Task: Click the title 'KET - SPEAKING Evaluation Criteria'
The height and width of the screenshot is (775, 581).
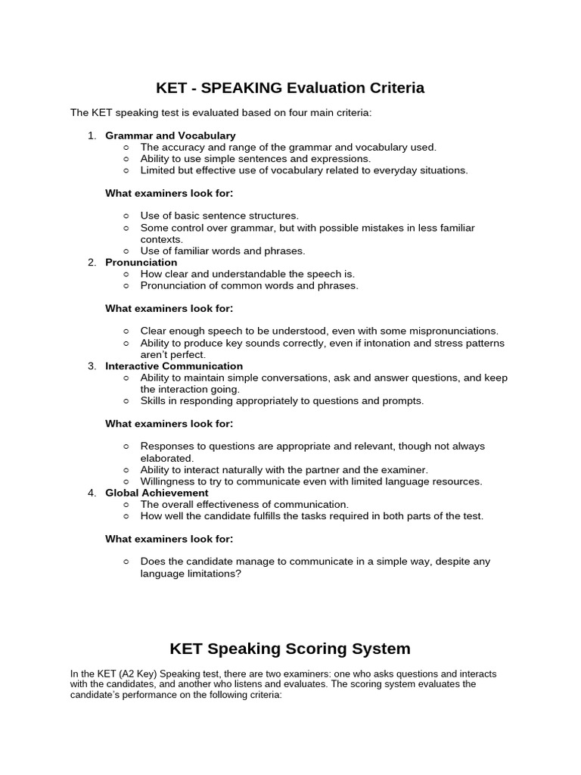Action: click(x=290, y=88)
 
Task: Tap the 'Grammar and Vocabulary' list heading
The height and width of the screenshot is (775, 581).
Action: click(x=170, y=135)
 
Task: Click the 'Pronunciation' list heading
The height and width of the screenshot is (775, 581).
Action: click(x=141, y=263)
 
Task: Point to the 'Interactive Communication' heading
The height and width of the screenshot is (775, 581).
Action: click(x=174, y=366)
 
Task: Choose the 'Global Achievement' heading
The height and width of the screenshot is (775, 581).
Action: click(x=157, y=493)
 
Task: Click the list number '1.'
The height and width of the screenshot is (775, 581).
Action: click(x=92, y=135)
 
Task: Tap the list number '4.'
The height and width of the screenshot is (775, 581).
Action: click(x=92, y=493)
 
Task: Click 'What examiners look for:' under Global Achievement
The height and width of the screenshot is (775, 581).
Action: click(x=169, y=539)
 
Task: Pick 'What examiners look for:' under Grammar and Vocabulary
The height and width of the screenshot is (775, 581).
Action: click(x=169, y=193)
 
